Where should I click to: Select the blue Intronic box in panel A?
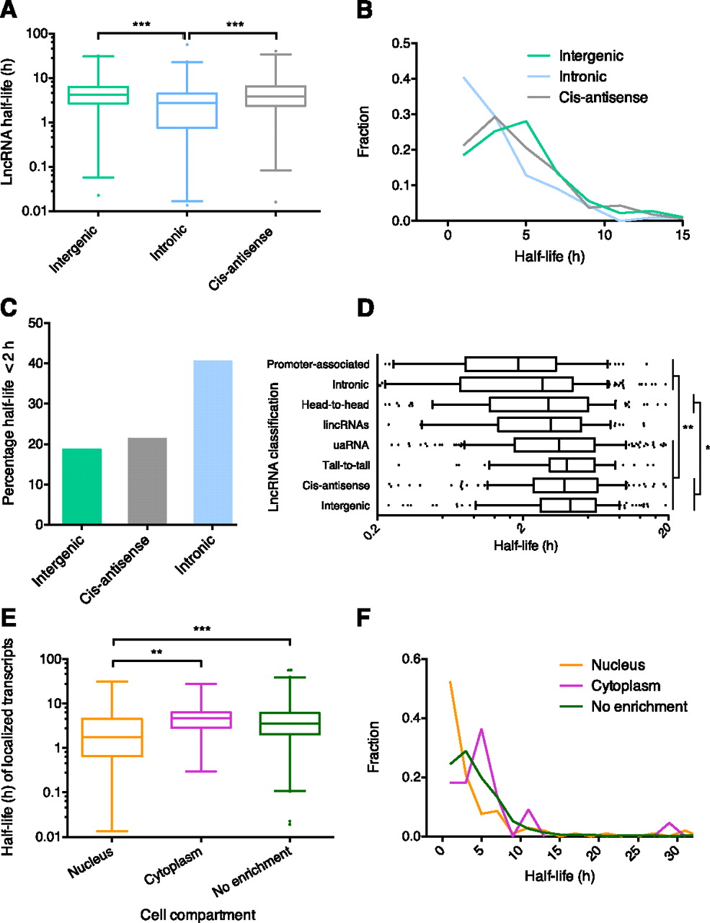(x=187, y=110)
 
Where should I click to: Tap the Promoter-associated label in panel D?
(x=318, y=364)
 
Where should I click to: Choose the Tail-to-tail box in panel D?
(x=572, y=465)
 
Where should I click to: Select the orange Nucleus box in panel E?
(x=112, y=737)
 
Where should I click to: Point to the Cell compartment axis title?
(x=198, y=915)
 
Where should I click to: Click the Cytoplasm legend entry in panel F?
(x=625, y=686)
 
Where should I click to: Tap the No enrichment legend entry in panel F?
(x=639, y=707)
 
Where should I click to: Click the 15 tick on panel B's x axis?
(x=683, y=235)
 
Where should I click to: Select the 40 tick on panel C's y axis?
(x=34, y=363)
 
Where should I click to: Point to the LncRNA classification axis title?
(x=274, y=447)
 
